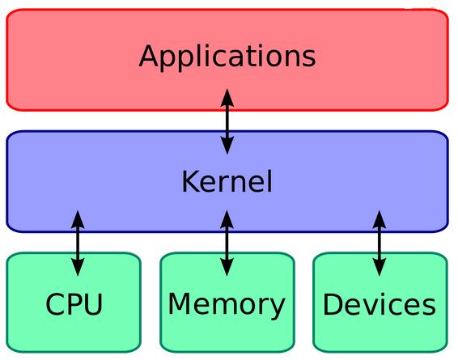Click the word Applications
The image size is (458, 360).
(227, 57)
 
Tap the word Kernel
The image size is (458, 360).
(227, 181)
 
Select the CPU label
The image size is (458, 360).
(74, 305)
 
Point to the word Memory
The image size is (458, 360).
(227, 305)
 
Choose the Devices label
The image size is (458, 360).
(379, 305)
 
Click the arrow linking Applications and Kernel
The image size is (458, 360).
(227, 121)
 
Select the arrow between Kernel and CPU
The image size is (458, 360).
(78, 243)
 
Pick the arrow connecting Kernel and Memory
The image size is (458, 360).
(227, 243)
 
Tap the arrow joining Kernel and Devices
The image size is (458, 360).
(379, 243)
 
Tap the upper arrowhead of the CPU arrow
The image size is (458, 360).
(78, 218)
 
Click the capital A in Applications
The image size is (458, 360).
(149, 57)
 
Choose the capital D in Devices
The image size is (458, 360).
(333, 305)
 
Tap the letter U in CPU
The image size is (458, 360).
(94, 305)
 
